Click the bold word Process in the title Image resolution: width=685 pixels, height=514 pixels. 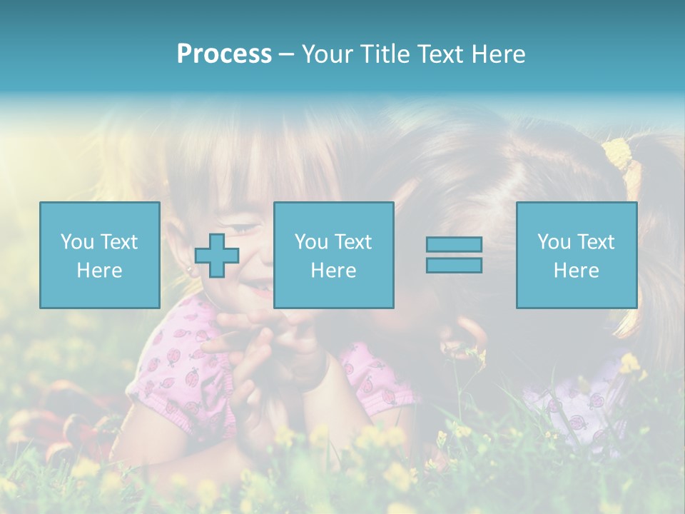pos(224,54)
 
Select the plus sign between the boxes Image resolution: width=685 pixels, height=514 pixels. pos(217,256)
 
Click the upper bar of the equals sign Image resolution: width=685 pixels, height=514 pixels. pos(454,245)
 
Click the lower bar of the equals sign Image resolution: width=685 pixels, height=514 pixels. pos(454,266)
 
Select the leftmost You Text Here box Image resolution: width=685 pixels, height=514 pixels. pos(100,255)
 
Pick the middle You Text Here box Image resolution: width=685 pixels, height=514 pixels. pos(333,255)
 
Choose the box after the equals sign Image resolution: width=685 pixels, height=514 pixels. pos(576,255)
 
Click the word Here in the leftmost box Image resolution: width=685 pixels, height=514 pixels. pos(100,271)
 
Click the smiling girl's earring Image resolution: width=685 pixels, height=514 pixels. pos(191,271)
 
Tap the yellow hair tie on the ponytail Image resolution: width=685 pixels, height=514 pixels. pos(618,153)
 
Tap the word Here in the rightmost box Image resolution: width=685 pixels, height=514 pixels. pos(576,271)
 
